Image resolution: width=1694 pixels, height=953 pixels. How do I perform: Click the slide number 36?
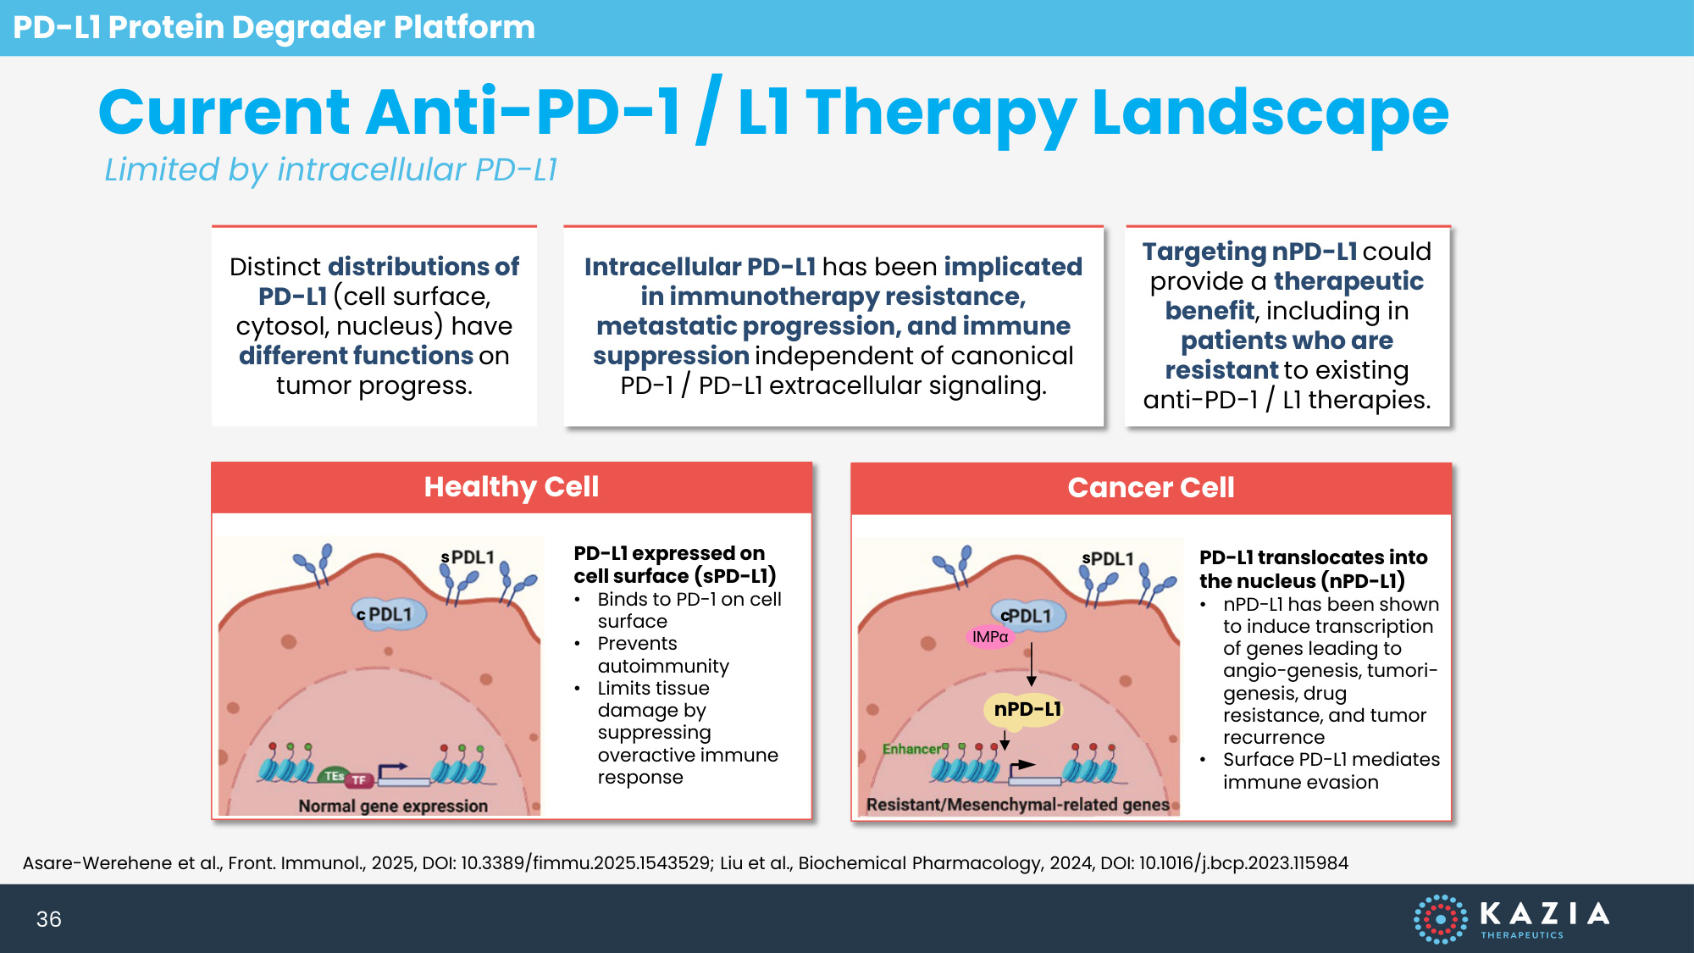[48, 919]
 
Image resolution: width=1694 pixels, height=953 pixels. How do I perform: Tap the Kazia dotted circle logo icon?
[1440, 918]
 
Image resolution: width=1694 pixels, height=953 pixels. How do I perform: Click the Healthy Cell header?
[511, 487]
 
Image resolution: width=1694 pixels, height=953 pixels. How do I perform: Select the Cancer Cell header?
[1150, 488]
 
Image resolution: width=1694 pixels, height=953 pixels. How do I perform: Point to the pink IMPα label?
[990, 637]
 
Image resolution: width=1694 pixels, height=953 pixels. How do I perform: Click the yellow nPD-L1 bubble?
[1027, 709]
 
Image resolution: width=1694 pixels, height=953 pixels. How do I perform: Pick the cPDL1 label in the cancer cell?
[1027, 616]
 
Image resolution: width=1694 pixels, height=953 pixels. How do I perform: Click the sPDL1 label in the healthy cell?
[468, 557]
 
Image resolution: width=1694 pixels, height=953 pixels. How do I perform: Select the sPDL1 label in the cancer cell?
[1107, 559]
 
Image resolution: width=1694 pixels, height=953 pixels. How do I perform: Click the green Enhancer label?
[912, 749]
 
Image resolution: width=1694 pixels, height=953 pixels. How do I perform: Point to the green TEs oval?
[334, 776]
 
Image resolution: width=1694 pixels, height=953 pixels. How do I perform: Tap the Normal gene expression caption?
[393, 806]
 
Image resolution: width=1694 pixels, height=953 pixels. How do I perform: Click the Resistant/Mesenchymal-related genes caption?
[1017, 805]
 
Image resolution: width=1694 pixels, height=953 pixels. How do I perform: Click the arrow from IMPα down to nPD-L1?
[1031, 664]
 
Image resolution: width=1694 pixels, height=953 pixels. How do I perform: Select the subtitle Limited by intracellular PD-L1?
[330, 169]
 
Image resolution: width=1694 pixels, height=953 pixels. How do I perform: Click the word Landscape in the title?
[1270, 113]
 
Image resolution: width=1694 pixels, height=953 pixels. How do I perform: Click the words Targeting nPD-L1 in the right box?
[1249, 252]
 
